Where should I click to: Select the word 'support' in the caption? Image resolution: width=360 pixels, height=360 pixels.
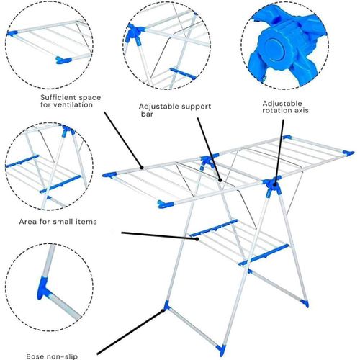pos(196,107)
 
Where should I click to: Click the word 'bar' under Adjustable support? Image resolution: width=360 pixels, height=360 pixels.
pos(147,114)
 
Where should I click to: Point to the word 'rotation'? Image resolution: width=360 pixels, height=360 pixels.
pos(276,110)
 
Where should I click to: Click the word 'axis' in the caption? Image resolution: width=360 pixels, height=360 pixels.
pos(300,110)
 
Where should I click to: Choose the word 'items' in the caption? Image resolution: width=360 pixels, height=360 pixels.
pos(86,221)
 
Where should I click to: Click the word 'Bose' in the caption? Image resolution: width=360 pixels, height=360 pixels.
pos(35,356)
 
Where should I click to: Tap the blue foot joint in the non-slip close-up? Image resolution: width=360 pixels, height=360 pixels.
pos(43,289)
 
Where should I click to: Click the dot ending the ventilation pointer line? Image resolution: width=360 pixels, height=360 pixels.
pos(142,168)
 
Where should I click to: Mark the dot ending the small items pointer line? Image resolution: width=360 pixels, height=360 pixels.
pos(197,239)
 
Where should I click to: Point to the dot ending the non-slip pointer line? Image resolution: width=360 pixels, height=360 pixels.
pos(163,311)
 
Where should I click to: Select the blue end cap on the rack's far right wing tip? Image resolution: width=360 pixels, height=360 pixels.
pos(348,153)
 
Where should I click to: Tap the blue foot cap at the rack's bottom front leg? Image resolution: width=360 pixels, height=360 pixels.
pos(221,350)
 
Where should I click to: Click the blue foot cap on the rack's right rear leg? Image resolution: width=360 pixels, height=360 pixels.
pos(305,303)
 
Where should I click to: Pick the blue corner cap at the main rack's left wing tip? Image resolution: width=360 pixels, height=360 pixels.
pos(109,175)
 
